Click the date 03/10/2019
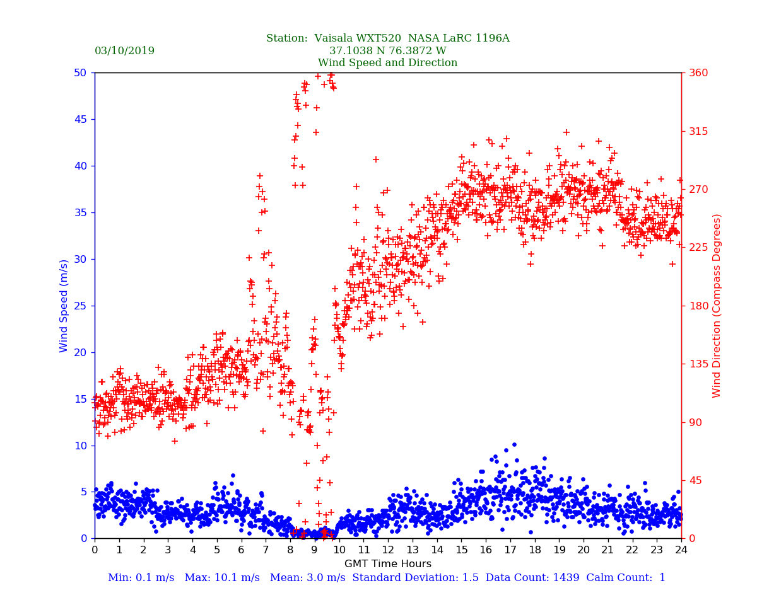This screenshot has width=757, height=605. point(124,51)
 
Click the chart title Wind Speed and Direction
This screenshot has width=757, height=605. point(387,63)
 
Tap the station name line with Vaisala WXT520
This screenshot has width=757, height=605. point(387,38)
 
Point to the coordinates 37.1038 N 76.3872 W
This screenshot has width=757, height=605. point(387,51)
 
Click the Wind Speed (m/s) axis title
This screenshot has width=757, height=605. point(64,306)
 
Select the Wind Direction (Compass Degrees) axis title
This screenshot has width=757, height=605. point(717,306)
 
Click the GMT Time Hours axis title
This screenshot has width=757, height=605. point(387,564)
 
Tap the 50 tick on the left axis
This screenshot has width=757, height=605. point(81,72)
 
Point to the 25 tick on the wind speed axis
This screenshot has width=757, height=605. point(81,306)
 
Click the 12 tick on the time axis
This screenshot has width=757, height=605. point(387,550)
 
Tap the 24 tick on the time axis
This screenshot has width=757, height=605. point(681,550)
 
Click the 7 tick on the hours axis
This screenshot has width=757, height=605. point(266,550)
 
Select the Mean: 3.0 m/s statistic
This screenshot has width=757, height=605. point(307,578)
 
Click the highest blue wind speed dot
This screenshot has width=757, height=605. point(514,444)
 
